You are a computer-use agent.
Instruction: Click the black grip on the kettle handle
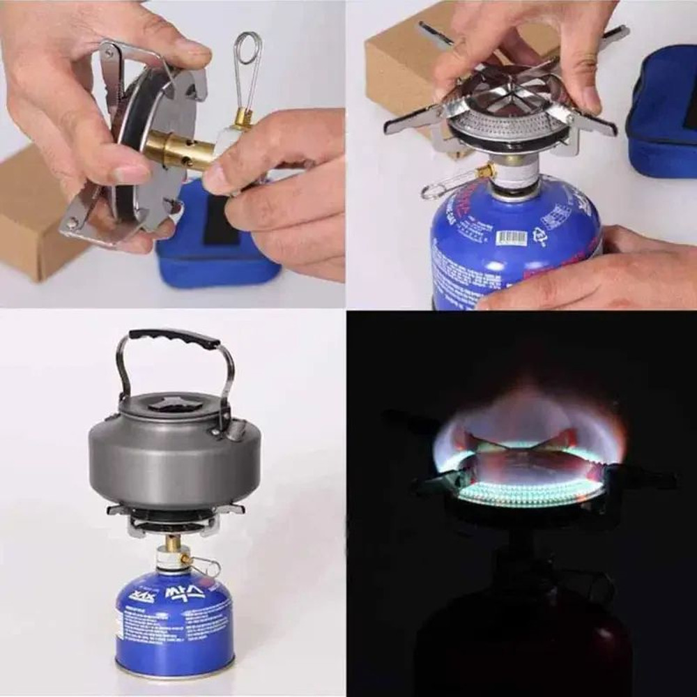174,338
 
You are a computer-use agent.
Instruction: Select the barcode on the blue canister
511,238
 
